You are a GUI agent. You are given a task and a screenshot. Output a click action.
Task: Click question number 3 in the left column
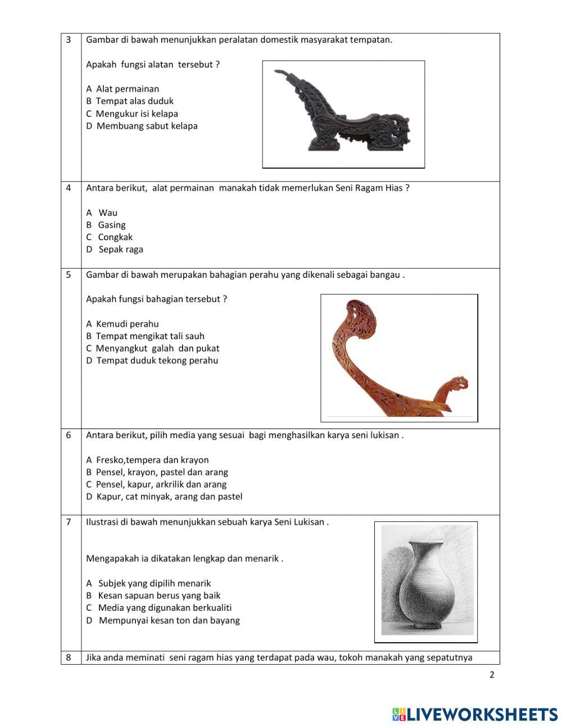[x=69, y=39]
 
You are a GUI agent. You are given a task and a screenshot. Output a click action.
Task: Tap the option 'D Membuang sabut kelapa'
[x=142, y=126]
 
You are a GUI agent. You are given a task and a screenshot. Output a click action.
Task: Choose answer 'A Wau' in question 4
[x=102, y=213]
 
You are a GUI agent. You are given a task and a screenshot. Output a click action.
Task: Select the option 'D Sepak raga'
[x=115, y=249]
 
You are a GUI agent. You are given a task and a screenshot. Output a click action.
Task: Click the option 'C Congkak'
[x=109, y=237]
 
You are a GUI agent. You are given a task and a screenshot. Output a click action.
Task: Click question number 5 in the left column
[x=69, y=274]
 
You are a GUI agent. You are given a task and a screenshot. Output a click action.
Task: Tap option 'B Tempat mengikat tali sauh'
[x=145, y=336]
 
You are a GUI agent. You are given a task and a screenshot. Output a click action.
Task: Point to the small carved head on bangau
[x=455, y=386]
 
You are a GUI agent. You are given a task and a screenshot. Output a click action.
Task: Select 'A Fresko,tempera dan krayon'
[x=147, y=460]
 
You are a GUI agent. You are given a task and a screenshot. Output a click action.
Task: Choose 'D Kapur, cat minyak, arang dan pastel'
[x=164, y=497]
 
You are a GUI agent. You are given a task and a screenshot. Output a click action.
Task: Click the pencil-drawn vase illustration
[x=426, y=581]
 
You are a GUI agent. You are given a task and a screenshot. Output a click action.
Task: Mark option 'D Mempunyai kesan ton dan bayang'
[x=163, y=620]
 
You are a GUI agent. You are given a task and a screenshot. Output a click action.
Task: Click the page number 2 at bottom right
[x=492, y=675]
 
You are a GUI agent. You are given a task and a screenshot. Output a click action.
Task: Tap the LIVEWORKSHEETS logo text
[x=482, y=714]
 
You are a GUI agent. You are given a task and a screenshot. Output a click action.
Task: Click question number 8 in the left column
[x=69, y=657]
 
